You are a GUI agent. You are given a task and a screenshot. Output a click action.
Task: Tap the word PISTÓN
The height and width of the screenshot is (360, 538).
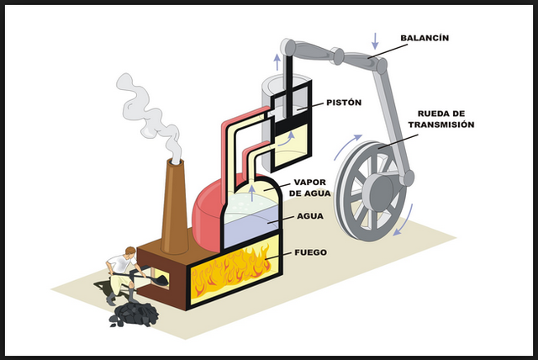coord(343,103)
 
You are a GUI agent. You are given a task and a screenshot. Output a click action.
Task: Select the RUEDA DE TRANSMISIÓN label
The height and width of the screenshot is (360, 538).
coord(440,119)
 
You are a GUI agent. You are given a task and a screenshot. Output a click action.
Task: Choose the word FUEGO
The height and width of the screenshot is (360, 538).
coord(311,252)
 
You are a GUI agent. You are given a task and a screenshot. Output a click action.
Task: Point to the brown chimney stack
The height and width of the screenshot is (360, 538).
coord(175,206)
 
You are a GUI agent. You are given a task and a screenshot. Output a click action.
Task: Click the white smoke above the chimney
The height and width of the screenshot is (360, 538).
coord(151,114)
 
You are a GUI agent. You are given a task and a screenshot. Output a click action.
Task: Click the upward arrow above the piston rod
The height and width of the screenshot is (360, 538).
coord(277,59)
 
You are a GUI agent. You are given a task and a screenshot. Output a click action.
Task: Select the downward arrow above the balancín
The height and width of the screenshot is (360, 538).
coord(376,38)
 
